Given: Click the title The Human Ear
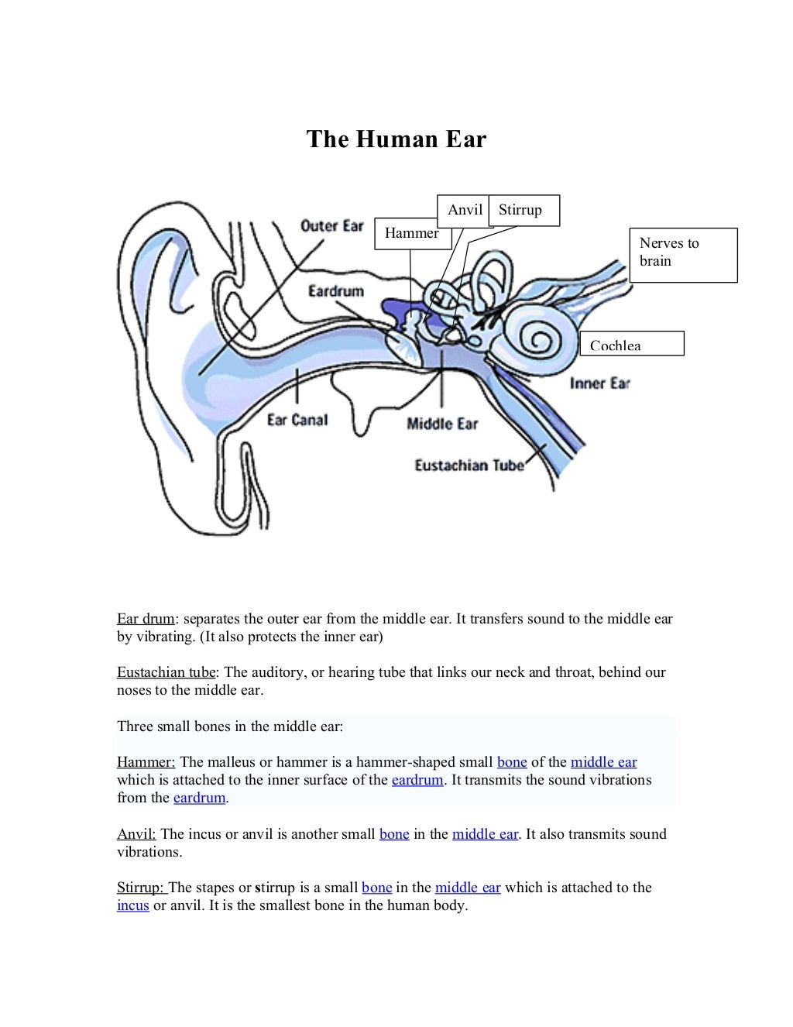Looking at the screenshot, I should click(x=396, y=139).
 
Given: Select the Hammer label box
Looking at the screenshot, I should click(x=412, y=233).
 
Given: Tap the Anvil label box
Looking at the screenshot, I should click(x=464, y=210).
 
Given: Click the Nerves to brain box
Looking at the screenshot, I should click(x=682, y=254).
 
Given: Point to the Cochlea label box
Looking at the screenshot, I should click(x=631, y=344).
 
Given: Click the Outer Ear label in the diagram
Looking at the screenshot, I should click(x=331, y=226).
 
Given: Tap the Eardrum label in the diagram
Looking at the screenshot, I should click(x=335, y=291).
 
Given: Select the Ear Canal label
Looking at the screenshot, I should click(x=297, y=420).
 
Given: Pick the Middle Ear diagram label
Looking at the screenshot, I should click(x=442, y=424).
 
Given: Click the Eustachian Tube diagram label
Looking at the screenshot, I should click(x=469, y=465).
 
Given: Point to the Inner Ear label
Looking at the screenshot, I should click(x=600, y=383).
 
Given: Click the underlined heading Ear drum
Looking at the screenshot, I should click(x=146, y=619).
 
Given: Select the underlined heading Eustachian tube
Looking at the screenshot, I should click(x=166, y=672).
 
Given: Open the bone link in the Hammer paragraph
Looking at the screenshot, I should click(x=512, y=762).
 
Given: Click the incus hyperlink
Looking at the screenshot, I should click(x=132, y=905).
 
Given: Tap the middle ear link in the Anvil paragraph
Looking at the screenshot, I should click(x=485, y=834).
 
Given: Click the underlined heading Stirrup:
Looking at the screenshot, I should click(x=142, y=888).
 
